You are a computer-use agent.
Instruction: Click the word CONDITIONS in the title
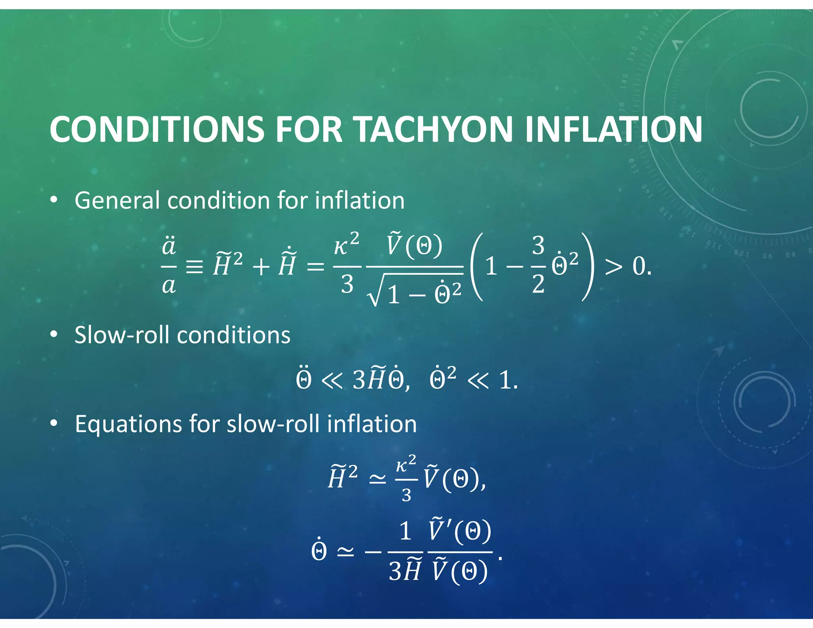[x=157, y=129]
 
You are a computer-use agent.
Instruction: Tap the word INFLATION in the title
[x=613, y=129]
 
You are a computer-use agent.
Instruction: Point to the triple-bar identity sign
[x=195, y=267]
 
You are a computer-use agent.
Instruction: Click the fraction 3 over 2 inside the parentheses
[x=538, y=265]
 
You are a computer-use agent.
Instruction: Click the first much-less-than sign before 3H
[x=331, y=381]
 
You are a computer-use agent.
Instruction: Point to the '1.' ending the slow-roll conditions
[x=508, y=380]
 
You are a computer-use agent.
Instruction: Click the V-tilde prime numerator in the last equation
[x=460, y=531]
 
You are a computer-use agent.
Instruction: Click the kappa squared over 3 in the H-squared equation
[x=406, y=479]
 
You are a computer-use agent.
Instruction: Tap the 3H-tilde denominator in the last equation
[x=405, y=572]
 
